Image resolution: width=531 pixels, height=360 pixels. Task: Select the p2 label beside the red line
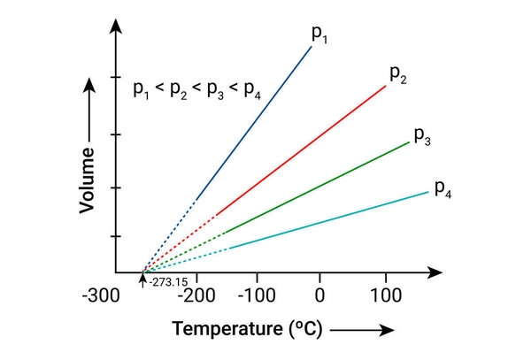point(397,73)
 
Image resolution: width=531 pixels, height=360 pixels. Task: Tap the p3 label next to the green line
point(422,136)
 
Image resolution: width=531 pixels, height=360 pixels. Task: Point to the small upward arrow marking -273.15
point(142,280)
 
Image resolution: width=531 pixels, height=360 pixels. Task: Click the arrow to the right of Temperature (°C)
point(363,331)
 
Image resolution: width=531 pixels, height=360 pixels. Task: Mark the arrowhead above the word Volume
point(87,85)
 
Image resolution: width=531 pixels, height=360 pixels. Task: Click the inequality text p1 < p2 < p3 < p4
point(196,89)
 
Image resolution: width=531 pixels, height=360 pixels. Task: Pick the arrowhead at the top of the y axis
point(115,27)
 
